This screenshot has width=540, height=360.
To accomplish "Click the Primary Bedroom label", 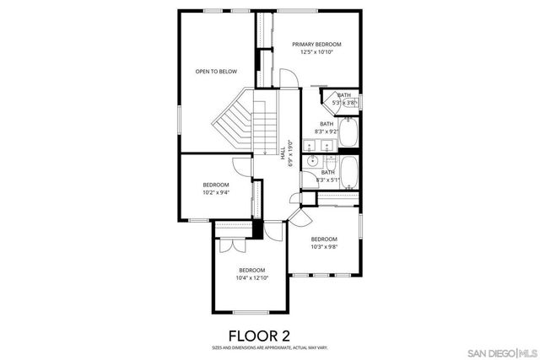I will (316, 44).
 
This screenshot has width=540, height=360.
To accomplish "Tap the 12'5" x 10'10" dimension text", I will (316, 52).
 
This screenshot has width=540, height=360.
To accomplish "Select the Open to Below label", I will (216, 72).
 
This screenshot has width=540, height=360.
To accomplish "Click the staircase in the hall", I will (233, 122).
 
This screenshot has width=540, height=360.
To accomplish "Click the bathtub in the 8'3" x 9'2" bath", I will (351, 134).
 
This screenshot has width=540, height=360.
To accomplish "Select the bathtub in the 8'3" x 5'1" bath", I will (351, 174).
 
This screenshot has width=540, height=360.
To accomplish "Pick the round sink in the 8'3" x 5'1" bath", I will (312, 161).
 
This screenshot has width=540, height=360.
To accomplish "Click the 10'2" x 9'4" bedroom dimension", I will (216, 192).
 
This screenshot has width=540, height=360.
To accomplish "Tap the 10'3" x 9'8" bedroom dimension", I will (324, 247).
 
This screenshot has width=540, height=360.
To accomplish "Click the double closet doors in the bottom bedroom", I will (227, 247).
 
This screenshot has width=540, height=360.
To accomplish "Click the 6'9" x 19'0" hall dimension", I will (290, 153).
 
